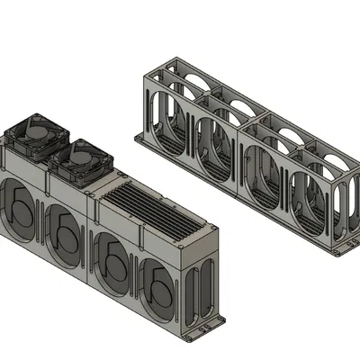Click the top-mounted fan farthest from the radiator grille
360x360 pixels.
(x=37, y=137)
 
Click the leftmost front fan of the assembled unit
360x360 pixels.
(x=20, y=213)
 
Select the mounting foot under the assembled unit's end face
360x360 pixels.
(x=216, y=319)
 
